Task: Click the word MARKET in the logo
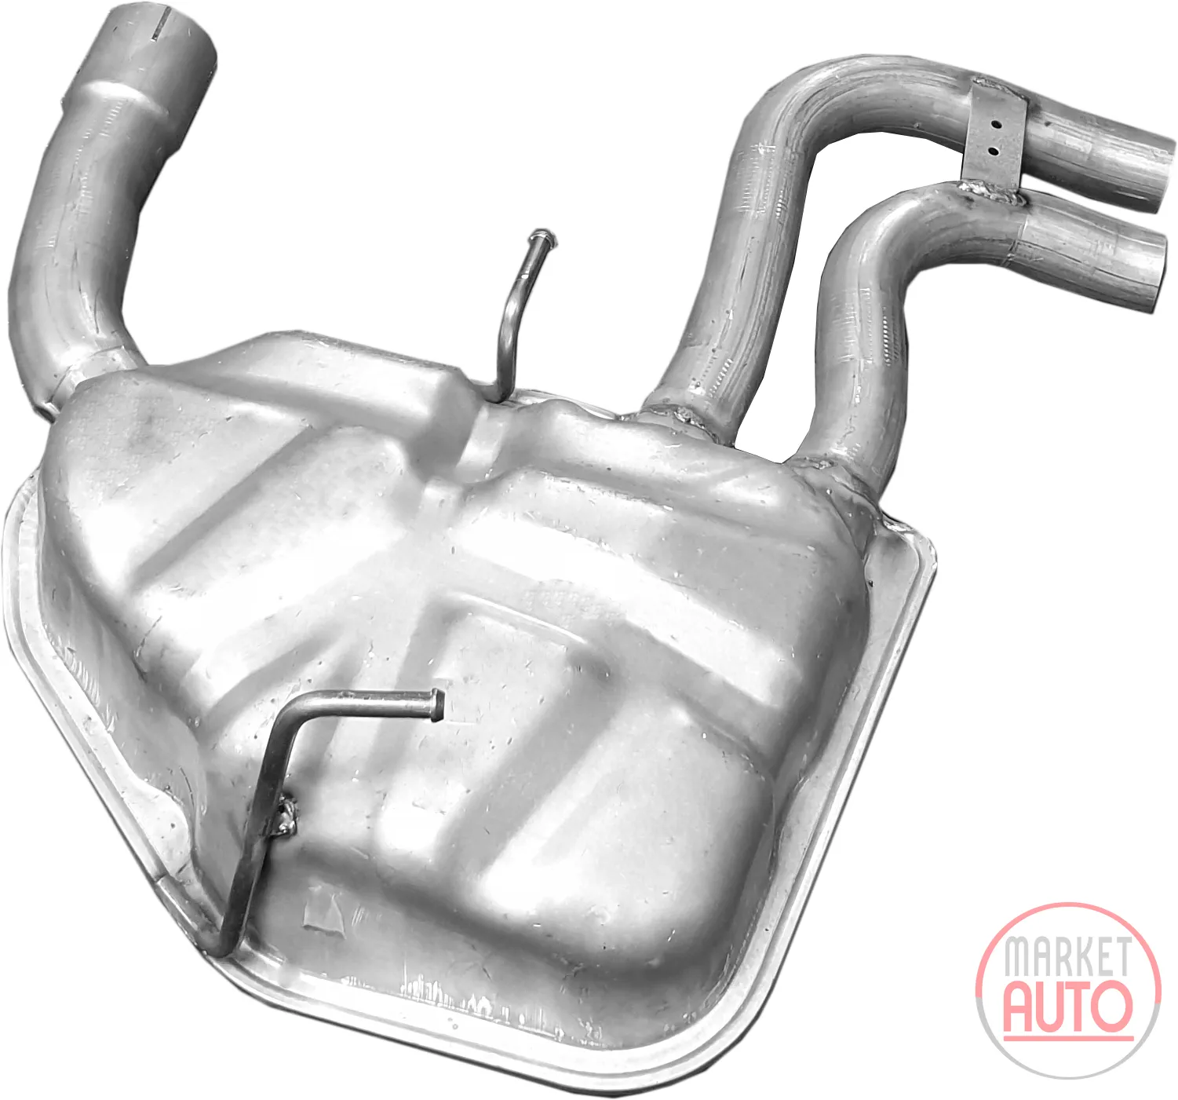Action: [1066, 956]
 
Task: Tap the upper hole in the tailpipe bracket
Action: [997, 126]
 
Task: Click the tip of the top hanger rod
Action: [541, 237]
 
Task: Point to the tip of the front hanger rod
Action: [438, 704]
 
